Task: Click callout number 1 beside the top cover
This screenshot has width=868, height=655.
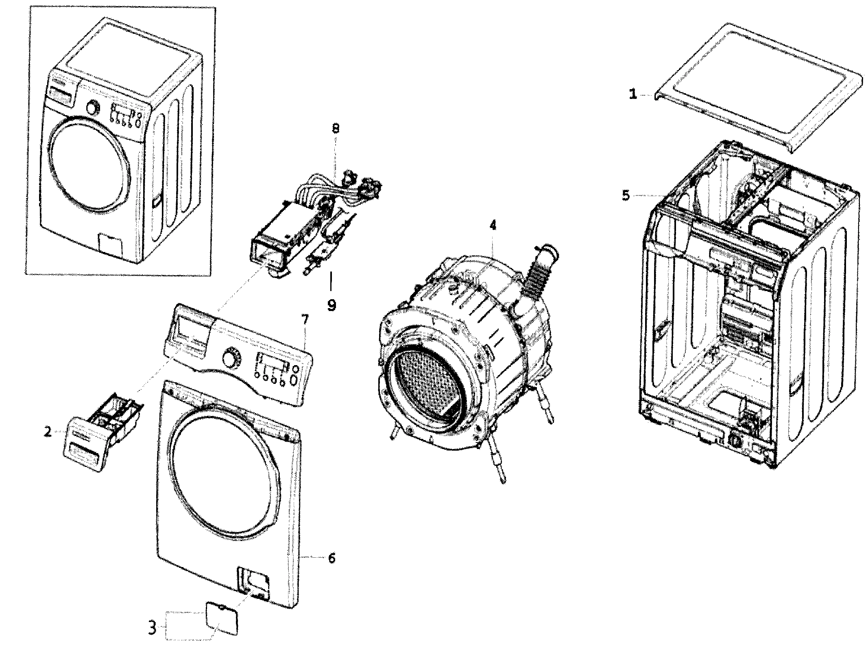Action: click(x=633, y=94)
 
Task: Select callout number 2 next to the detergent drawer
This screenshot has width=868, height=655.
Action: click(x=48, y=432)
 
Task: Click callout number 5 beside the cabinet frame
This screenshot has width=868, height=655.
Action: click(x=626, y=196)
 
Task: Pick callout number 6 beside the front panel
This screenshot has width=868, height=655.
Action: click(x=331, y=559)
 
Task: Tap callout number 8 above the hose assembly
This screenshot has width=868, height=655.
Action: click(x=335, y=129)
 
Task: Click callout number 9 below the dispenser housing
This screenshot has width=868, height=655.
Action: click(x=331, y=304)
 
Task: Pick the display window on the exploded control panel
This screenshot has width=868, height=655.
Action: click(x=272, y=361)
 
